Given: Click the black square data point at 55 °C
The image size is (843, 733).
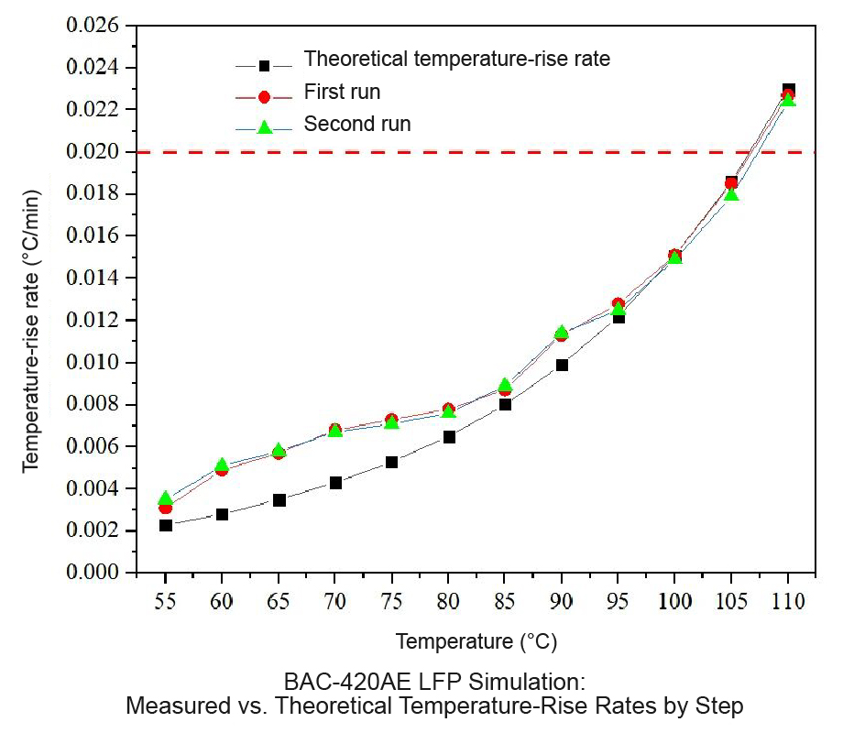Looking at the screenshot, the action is (x=166, y=525).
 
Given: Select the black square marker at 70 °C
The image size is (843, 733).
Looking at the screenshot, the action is (x=335, y=483).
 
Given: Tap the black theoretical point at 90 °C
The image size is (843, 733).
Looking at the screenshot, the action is (x=562, y=366).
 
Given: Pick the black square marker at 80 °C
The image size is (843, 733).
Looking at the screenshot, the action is (x=449, y=437).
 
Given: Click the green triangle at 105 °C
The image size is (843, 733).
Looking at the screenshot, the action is (x=731, y=193).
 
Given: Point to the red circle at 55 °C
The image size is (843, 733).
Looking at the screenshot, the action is (x=166, y=507).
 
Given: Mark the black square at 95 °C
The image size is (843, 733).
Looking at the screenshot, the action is (x=619, y=318).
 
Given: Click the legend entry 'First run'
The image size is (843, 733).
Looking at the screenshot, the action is (x=342, y=92).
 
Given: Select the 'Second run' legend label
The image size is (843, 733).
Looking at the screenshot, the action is (x=357, y=125).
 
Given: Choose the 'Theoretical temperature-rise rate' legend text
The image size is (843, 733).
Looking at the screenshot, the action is (x=457, y=59).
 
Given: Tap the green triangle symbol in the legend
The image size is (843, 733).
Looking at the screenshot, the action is (x=264, y=127).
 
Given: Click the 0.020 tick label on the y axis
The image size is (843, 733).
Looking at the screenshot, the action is (x=93, y=152).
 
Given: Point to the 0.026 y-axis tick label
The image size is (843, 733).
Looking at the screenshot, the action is (x=93, y=26).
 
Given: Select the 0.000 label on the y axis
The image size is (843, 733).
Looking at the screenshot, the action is (x=93, y=573).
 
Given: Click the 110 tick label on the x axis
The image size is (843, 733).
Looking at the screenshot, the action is (x=788, y=601).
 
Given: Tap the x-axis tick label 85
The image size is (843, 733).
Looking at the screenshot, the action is (x=504, y=601).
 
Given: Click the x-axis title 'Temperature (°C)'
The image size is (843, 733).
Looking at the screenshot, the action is (x=476, y=641).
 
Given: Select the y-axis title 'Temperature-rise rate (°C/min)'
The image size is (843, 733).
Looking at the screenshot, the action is (x=31, y=332).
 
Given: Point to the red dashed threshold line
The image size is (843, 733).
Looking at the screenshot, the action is (x=476, y=152).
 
